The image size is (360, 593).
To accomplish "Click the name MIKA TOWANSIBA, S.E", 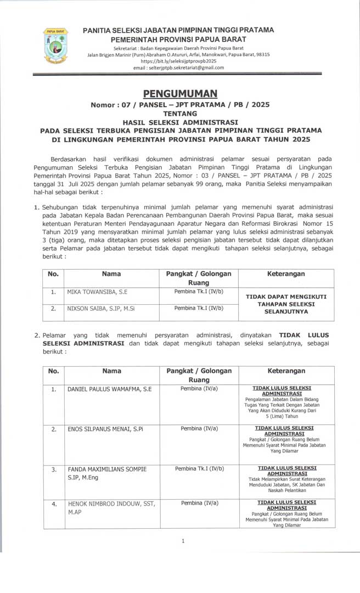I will (97, 292).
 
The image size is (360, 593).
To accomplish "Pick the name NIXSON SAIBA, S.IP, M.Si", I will (101, 309).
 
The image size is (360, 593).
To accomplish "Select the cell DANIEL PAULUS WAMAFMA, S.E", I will (109, 389).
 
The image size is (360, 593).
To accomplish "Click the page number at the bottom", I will (183, 541).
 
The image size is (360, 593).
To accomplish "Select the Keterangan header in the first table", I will (286, 274).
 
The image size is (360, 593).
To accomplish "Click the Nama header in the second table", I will (111, 371).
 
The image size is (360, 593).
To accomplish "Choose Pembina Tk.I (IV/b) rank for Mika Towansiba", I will (199, 292).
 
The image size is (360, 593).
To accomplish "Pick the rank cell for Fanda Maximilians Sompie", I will (199, 469).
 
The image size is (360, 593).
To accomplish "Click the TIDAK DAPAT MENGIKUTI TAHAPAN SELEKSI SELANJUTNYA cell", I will (286, 304).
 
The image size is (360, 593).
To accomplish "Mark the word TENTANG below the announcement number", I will (179, 114).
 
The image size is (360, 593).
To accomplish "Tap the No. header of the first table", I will (53, 274).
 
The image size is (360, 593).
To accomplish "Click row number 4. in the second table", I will (54, 503).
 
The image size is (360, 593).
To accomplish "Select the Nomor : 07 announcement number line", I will (180, 104).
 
